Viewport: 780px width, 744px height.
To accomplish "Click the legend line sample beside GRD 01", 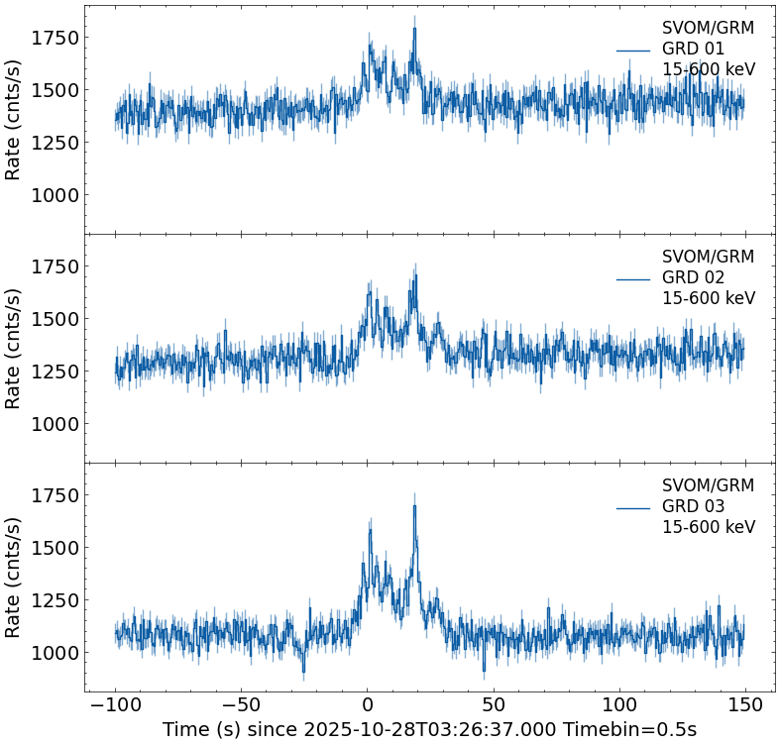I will (x=632, y=50).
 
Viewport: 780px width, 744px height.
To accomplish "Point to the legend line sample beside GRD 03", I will (x=632, y=507).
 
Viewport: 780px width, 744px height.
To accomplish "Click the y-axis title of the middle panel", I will (x=14, y=348).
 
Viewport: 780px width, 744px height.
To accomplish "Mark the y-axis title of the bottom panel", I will (x=14, y=577).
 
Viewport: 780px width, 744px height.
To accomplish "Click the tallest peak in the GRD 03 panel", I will (x=414, y=506).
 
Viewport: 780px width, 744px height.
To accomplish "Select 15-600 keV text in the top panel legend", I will (x=708, y=69).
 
